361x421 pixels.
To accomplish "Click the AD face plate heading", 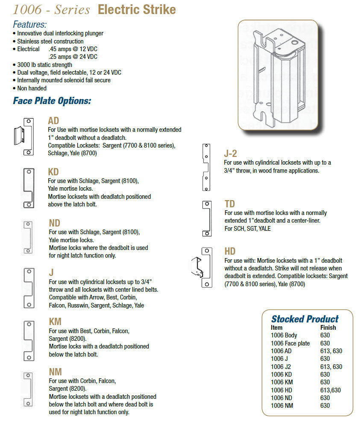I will coord(53,121).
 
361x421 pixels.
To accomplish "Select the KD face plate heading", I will coord(53,172).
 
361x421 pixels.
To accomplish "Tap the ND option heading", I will coord(54,223).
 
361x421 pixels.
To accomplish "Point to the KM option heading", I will coord(55,322).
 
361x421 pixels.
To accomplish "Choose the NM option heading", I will coord(55,372).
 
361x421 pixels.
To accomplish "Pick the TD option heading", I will coord(230,204).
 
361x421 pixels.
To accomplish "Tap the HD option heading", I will coord(230,251).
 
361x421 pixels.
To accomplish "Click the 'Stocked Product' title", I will coord(305,319).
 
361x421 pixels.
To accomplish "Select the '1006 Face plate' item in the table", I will coord(290,343).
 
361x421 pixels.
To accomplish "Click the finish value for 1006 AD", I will coord(331,351).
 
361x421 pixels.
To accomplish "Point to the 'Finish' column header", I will coord(328,328).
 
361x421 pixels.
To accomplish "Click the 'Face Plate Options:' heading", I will coord(52,101).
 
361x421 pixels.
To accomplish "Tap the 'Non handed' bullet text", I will coord(32,88).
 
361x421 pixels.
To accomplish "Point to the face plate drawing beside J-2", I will coord(207,167).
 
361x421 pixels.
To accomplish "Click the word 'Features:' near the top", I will coord(30,24).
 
